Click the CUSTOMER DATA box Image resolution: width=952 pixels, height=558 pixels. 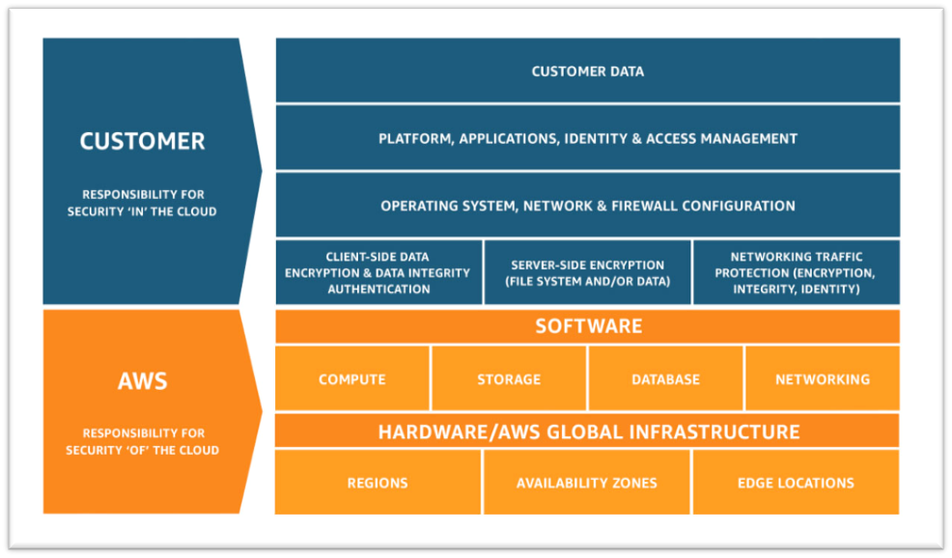coord(588,70)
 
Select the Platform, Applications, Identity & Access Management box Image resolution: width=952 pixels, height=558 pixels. coord(588,138)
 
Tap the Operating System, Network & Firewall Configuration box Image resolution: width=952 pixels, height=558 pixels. coord(588,206)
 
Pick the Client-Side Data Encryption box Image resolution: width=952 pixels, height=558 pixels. coord(378,272)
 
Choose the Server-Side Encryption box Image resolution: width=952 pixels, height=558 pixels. coord(588,272)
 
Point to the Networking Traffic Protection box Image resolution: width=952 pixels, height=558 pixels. coord(797,272)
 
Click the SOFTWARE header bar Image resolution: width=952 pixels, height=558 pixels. coord(588,326)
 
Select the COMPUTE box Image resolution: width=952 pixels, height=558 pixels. coord(352,378)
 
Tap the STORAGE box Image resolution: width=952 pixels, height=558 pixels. coord(509,378)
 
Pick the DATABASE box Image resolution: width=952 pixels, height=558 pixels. coord(665,378)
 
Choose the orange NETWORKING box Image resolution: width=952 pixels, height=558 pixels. coord(822,378)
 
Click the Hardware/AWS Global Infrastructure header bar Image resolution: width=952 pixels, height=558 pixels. coord(588,432)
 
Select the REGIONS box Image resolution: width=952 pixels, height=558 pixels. coord(378,482)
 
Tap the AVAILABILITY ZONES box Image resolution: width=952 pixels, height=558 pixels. coord(586,482)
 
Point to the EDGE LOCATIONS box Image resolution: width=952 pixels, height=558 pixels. coord(796,482)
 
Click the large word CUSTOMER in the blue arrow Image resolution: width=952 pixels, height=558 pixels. coord(142,141)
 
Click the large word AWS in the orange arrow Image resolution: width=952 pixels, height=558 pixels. coord(142,380)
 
